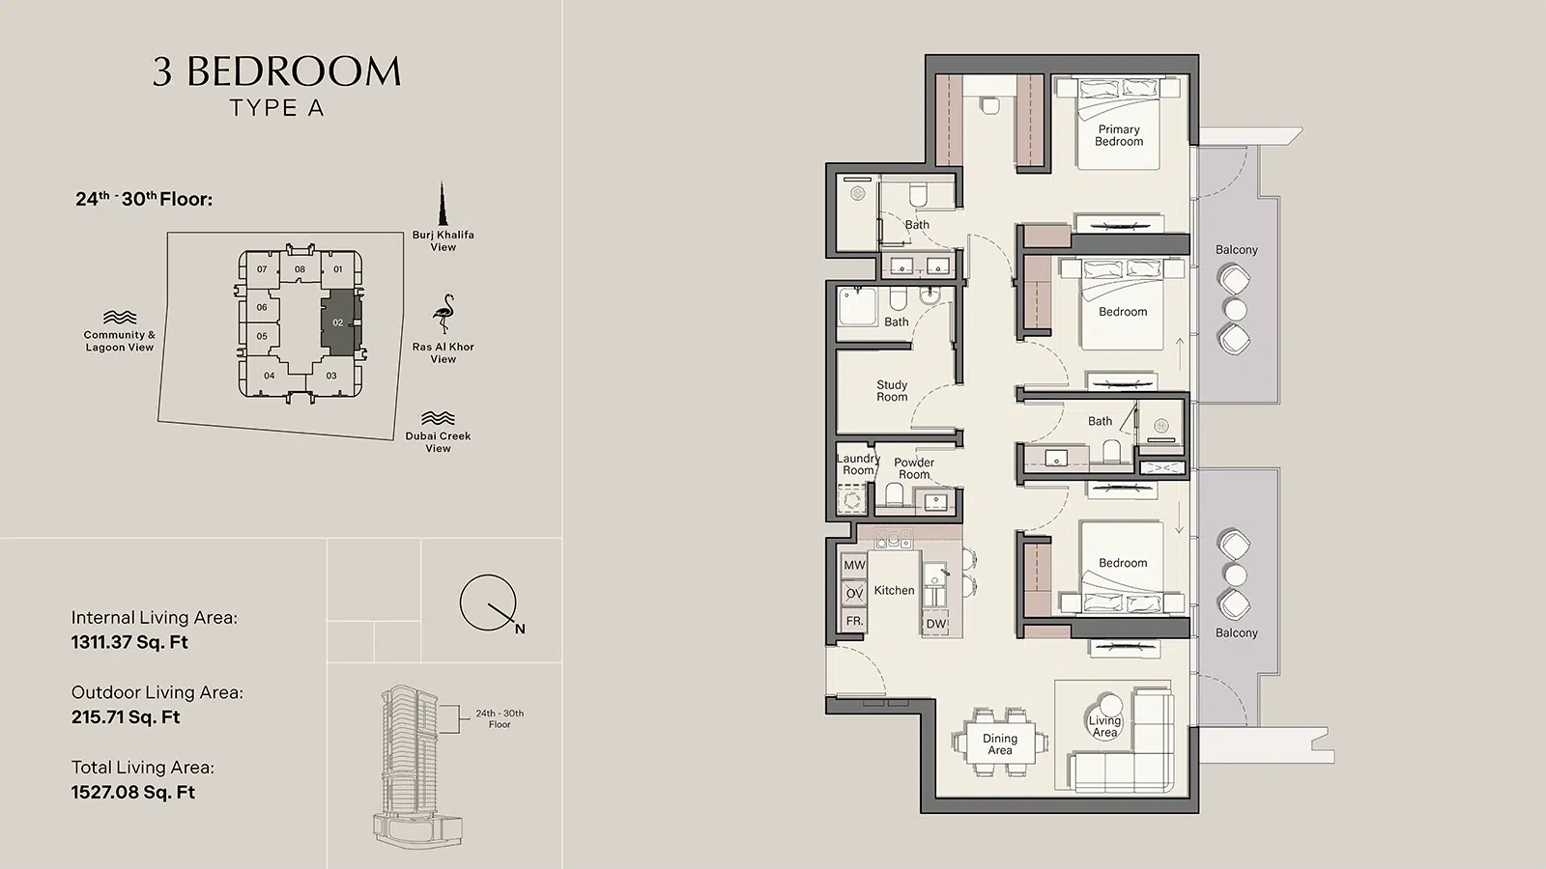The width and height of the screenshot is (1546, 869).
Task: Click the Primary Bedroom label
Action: point(1119,135)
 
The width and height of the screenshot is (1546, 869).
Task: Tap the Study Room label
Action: point(892,391)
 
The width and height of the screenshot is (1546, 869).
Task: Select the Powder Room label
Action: point(914,468)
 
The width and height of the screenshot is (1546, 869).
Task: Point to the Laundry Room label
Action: point(858,464)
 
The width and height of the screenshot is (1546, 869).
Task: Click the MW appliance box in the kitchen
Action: point(854,566)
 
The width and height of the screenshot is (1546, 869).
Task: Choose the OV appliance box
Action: point(854,593)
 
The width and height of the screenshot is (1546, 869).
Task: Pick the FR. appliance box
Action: point(854,621)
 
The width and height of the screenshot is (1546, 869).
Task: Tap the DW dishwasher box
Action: point(936,624)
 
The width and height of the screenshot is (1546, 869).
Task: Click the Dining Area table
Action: point(1000,742)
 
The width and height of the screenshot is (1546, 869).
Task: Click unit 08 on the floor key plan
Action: point(300,269)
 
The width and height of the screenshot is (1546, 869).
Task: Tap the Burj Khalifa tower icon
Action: point(442,204)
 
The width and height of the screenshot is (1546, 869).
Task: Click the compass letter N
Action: point(520,629)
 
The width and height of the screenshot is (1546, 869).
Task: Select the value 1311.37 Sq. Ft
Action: point(129,642)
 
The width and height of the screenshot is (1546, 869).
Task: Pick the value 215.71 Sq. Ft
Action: point(126,717)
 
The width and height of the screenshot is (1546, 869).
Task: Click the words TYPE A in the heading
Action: point(276,108)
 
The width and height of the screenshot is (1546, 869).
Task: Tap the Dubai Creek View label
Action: point(439,442)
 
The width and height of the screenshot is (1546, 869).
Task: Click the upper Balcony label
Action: point(1237,250)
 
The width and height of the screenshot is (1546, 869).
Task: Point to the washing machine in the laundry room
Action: point(851,499)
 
